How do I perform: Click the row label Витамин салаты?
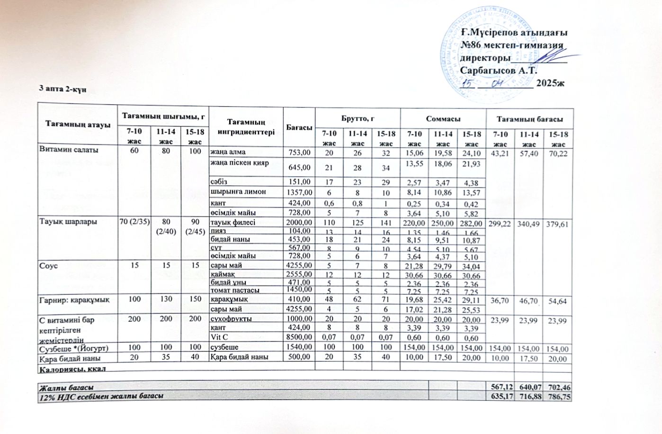coord(69,150)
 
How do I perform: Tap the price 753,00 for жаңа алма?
coord(299,153)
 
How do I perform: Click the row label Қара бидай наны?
coord(63,357)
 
